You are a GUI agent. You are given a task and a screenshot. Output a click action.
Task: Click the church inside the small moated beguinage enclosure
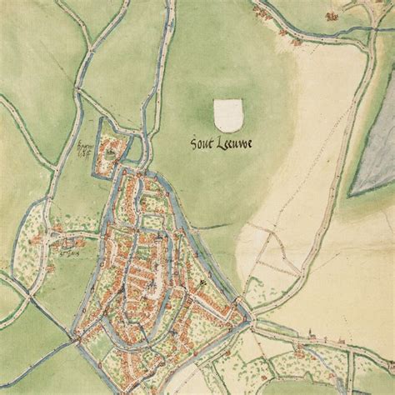coord(109,153)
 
